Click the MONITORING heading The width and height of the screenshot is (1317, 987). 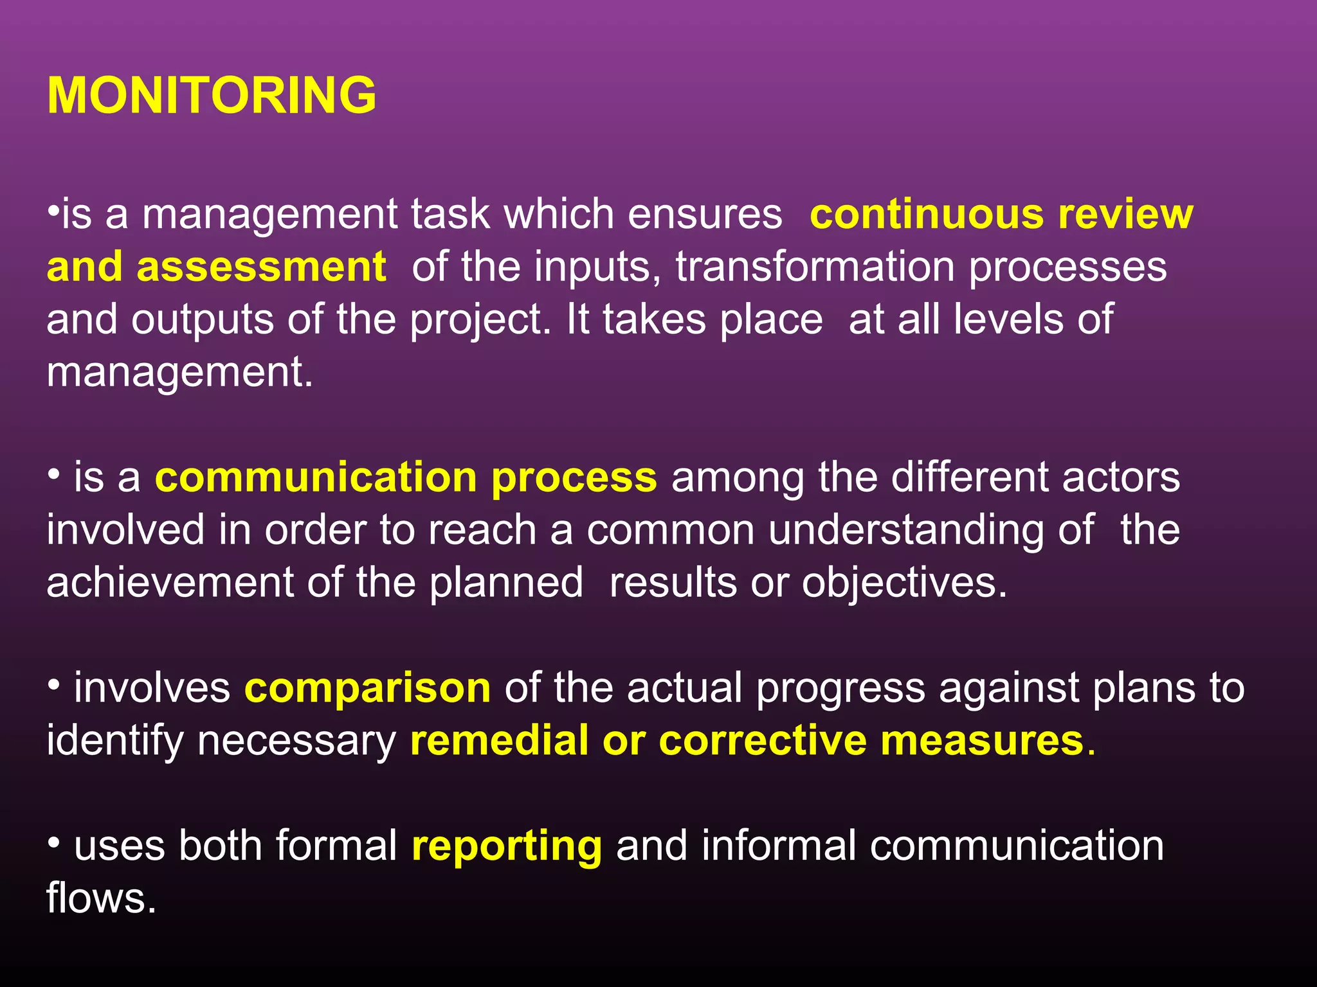212,95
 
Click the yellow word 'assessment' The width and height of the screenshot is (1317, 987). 261,267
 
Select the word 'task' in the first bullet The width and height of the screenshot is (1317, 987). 450,214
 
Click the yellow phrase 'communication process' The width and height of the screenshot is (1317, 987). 406,478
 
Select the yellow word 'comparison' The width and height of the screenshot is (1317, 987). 367,688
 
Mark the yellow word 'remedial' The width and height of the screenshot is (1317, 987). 498,740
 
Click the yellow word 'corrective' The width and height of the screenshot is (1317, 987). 763,740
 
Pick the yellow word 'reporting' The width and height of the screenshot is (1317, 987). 507,846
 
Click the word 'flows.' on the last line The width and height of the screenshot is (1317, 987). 102,898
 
